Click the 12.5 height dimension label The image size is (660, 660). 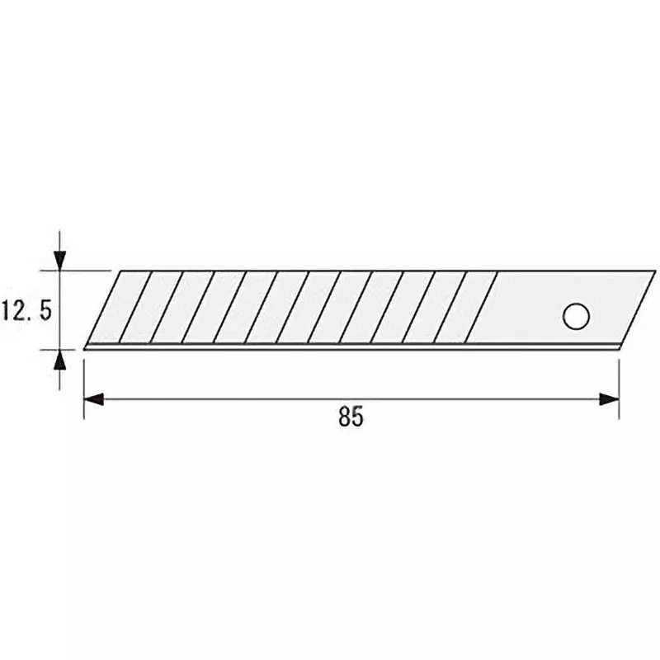tap(28, 310)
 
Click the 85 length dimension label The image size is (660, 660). tap(351, 417)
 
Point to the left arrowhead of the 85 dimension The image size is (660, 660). tap(92, 399)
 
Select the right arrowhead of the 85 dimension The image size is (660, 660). tap(610, 399)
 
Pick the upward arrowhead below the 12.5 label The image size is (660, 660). tap(59, 360)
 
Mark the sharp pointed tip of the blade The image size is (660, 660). tap(86, 347)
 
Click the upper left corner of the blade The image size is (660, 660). tap(122, 271)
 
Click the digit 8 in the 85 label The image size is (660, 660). tap(344, 417)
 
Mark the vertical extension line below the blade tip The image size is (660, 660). tap(84, 384)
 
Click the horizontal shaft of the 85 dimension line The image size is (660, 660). tap(351, 399)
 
